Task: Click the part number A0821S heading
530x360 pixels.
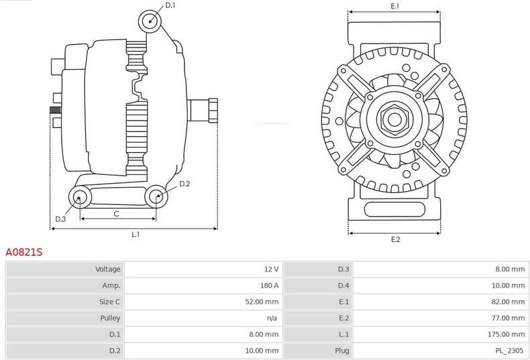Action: (x=24, y=252)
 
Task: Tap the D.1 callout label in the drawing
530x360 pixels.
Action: (x=170, y=5)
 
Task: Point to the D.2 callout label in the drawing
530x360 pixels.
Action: (x=184, y=184)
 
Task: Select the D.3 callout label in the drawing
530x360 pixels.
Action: (x=60, y=219)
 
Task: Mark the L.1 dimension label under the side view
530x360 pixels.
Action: (x=135, y=235)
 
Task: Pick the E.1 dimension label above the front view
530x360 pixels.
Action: (x=395, y=6)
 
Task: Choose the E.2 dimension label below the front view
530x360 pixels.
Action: (x=395, y=239)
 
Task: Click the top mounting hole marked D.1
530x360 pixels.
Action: (x=150, y=21)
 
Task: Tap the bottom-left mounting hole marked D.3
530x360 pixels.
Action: (x=81, y=197)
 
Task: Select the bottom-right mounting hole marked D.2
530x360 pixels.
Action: (x=156, y=196)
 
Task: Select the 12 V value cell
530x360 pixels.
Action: (x=271, y=269)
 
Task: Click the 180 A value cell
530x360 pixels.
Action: (x=270, y=286)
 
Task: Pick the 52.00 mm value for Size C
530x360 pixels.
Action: (x=261, y=302)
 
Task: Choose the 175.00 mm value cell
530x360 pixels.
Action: (x=507, y=334)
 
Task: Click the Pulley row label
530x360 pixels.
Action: (x=110, y=318)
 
